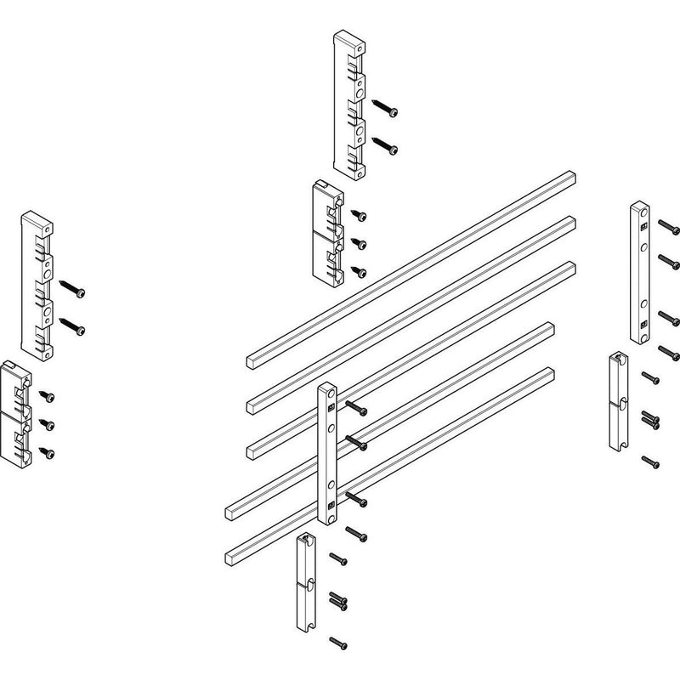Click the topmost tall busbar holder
coord(348,105)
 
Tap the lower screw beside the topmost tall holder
coord(387,147)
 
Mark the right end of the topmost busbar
coord(571,178)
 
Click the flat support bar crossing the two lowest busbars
coord(328,455)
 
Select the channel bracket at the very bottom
coord(304,582)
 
